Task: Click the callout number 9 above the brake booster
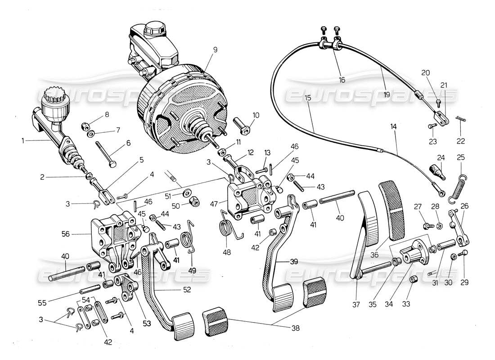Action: pos(215,50)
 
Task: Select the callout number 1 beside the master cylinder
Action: pos(22,140)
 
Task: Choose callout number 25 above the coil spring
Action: pos(461,157)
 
